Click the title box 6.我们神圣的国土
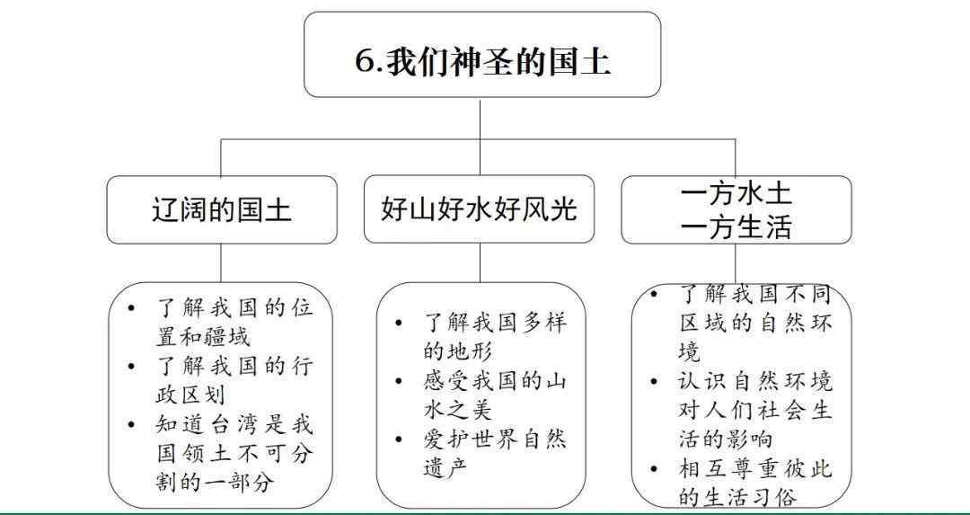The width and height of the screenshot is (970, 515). [482, 55]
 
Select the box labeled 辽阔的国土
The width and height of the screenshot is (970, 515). [222, 209]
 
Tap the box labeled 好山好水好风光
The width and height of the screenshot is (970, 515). [479, 209]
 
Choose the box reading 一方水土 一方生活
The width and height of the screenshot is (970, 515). [736, 209]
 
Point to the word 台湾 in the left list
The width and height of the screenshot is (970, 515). [234, 425]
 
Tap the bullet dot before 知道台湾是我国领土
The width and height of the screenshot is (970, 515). [131, 424]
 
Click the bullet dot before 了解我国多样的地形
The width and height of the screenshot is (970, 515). [399, 323]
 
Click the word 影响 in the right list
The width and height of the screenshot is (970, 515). [751, 439]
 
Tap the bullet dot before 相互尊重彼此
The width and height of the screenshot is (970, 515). [654, 468]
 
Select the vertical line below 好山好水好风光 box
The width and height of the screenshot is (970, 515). [480, 262]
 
